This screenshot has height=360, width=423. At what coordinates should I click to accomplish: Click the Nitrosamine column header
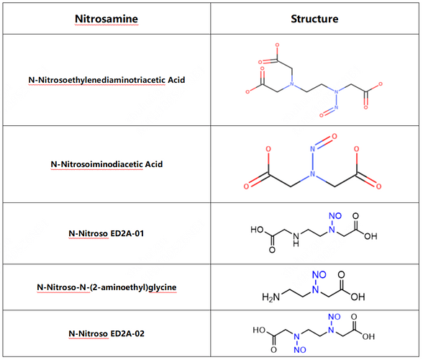click(106, 19)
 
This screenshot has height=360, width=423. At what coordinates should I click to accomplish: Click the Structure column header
click(314, 19)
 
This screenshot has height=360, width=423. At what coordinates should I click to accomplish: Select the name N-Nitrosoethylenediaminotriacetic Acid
click(106, 80)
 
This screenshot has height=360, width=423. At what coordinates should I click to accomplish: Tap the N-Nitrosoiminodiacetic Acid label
click(106, 164)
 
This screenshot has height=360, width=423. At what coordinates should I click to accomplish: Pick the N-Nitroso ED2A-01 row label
click(106, 233)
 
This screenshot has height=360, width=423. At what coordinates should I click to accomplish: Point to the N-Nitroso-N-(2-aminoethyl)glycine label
click(106, 287)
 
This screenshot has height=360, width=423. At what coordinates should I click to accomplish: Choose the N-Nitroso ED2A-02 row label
click(106, 333)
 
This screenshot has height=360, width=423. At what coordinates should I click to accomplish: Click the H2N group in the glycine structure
click(270, 297)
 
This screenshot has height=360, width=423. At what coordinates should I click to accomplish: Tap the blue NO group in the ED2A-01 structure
click(335, 216)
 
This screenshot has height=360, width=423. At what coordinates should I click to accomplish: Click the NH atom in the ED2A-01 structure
click(296, 239)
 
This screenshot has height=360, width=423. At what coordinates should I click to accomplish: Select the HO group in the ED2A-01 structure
click(257, 230)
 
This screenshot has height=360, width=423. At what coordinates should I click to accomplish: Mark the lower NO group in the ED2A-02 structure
click(300, 350)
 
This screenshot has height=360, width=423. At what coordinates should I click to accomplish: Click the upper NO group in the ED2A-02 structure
click(335, 317)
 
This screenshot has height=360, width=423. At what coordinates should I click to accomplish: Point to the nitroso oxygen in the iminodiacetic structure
click(335, 136)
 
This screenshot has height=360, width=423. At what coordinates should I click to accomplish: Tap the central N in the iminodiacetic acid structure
click(312, 174)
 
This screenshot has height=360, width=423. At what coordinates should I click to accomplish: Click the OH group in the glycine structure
click(358, 297)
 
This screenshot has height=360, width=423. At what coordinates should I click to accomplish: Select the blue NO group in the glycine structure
click(319, 274)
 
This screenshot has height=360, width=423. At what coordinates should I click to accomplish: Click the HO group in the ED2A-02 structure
click(259, 330)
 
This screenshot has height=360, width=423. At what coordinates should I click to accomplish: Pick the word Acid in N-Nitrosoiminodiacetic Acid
click(154, 164)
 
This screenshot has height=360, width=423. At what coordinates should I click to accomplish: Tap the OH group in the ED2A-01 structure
click(370, 236)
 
